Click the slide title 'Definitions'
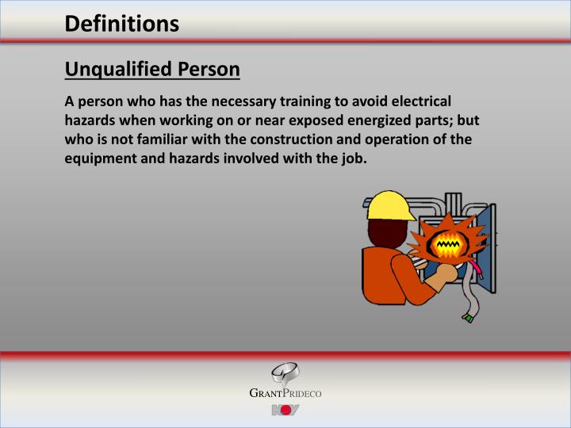point(122,24)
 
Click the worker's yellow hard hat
point(390,206)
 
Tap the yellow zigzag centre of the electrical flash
point(449,245)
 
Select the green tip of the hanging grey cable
point(469,318)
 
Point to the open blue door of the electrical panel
point(489,254)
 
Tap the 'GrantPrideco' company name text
point(285,394)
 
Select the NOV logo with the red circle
point(285,410)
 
